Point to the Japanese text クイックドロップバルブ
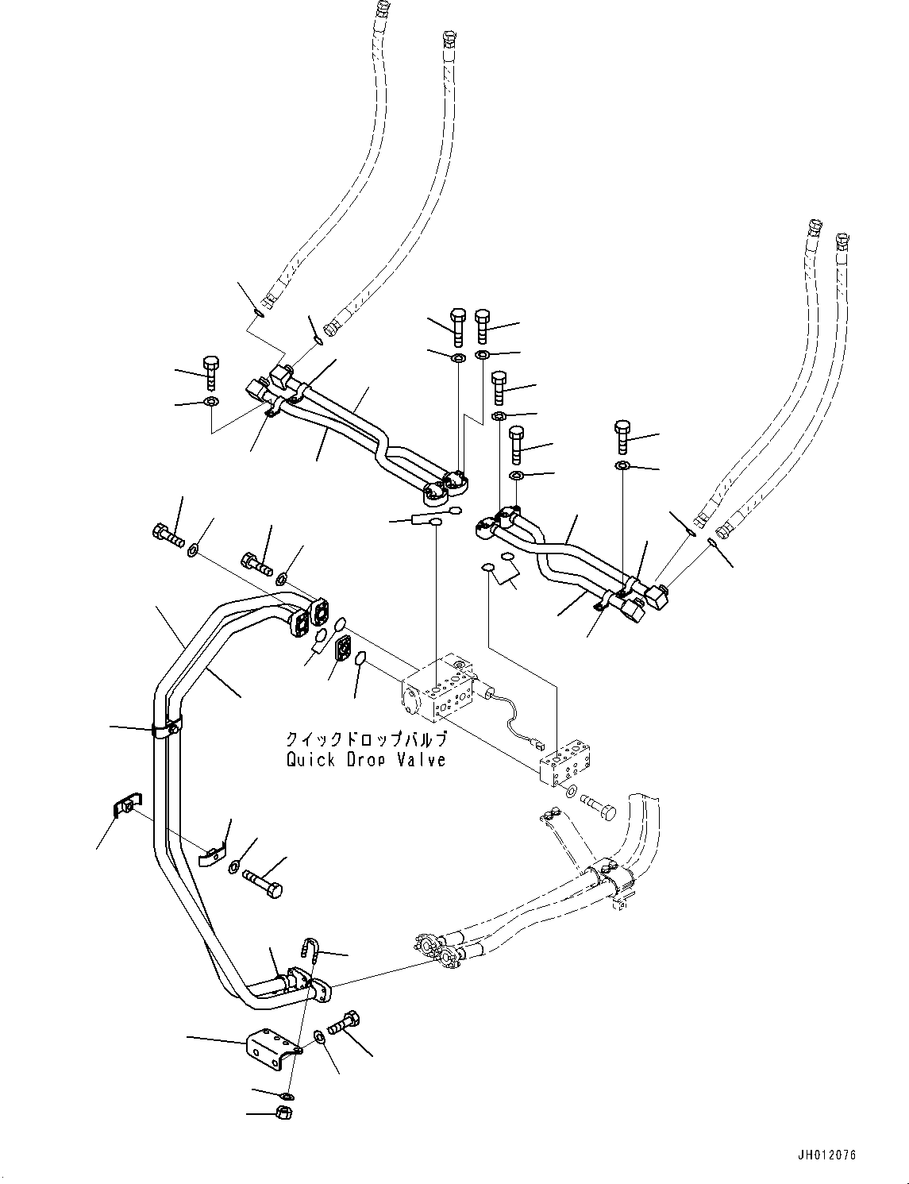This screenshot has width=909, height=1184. (x=367, y=739)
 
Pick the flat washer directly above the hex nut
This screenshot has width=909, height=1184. (x=286, y=1096)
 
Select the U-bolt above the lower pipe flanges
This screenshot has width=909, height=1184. (x=311, y=950)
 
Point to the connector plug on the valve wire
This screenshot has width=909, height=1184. (x=537, y=746)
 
